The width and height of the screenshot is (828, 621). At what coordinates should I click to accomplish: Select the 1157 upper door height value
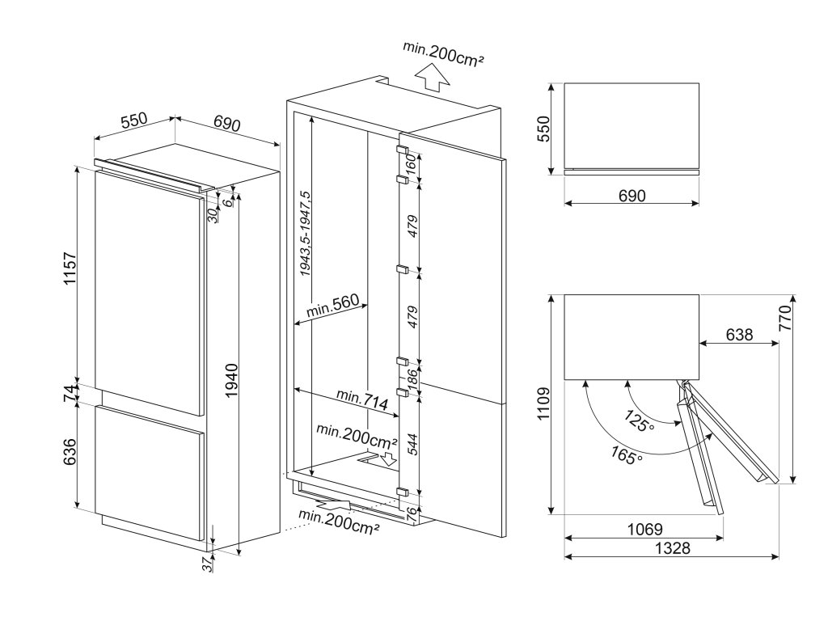[x=70, y=269]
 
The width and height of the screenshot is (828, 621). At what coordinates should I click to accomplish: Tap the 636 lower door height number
[x=70, y=452]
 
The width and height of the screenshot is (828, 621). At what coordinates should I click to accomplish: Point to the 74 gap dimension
[x=70, y=394]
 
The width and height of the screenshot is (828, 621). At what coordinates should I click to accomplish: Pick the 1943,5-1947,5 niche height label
[x=305, y=233]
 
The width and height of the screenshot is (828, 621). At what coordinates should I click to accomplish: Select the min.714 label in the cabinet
[x=362, y=399]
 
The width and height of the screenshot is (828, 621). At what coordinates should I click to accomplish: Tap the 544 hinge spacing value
[x=412, y=445]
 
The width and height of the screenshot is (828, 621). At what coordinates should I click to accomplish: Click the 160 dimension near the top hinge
[x=412, y=166]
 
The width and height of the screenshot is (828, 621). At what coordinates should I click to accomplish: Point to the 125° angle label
[x=640, y=420]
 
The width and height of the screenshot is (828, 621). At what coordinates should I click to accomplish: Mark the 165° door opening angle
[x=627, y=455]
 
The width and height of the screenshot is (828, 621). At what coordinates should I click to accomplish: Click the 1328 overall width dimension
[x=672, y=548]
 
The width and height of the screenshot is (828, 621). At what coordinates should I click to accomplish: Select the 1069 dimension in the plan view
[x=644, y=529]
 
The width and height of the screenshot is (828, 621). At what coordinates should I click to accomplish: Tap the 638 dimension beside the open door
[x=739, y=334]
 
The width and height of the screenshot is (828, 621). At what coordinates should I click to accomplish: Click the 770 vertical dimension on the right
[x=785, y=318]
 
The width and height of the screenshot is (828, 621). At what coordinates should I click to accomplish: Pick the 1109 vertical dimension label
[x=543, y=403]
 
